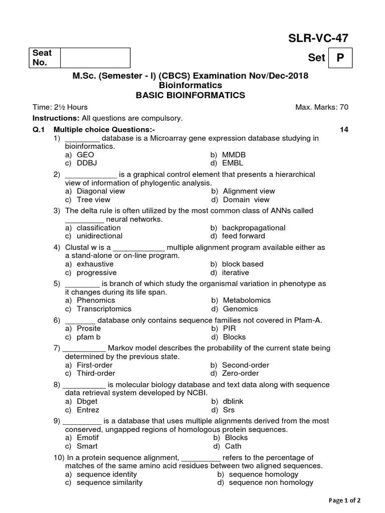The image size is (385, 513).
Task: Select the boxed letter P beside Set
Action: pos(340,58)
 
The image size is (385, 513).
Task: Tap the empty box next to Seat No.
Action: pos(95,58)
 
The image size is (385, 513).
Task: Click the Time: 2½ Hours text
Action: pos(60,107)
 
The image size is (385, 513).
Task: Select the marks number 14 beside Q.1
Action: pos(344,130)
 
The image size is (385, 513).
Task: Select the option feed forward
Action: pos(244,236)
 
